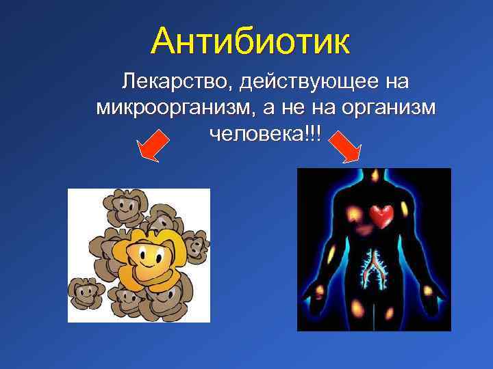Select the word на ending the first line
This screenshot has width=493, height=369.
396,83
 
